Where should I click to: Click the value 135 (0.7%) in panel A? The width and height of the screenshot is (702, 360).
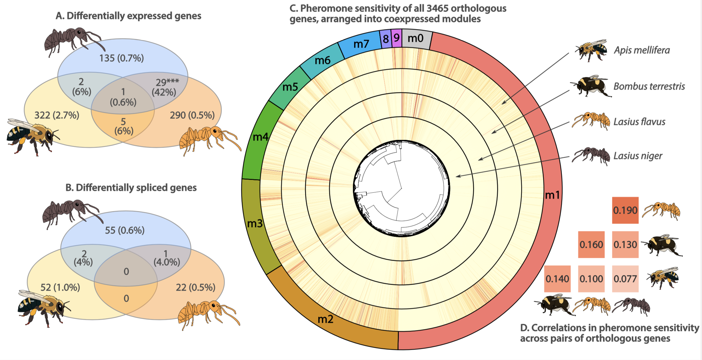point(121,58)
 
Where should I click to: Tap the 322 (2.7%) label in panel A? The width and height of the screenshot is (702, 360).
point(57,115)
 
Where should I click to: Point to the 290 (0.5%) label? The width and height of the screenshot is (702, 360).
point(192,115)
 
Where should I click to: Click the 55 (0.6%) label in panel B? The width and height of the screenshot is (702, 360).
point(125,230)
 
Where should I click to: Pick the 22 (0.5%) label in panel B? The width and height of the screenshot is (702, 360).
point(195,287)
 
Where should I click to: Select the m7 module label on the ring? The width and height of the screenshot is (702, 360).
point(361,44)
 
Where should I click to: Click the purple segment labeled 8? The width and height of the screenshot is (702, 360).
point(386,39)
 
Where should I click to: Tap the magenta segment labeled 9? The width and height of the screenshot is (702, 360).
point(396,38)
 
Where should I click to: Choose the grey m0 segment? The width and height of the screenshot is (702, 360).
point(416,38)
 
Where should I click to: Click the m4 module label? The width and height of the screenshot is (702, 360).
point(260,137)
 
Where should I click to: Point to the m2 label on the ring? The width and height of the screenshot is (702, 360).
point(325,319)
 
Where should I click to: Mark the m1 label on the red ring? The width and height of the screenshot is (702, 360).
point(552,195)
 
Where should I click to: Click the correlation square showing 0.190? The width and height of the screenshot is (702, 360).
point(625,210)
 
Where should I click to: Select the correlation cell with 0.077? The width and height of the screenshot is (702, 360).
point(625,279)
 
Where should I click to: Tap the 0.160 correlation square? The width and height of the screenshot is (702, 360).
point(591,245)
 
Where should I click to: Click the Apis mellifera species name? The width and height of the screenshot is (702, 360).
point(642,50)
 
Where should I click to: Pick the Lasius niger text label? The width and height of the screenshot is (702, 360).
point(638,156)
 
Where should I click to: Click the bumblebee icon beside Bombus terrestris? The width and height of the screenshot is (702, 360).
point(590,86)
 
